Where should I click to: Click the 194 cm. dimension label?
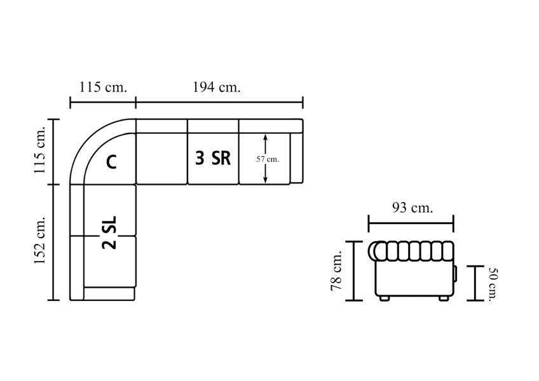pos(216,87)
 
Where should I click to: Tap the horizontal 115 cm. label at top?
pos(103,87)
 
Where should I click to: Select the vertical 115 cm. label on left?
pos(39,150)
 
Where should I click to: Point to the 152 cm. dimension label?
pos(39,240)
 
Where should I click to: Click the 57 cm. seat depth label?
pos(268,159)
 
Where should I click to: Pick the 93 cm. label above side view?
pos(412,208)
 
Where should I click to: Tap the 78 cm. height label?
pos(336,271)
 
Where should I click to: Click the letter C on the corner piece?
pos(111,162)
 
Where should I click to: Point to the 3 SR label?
pos(213,158)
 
